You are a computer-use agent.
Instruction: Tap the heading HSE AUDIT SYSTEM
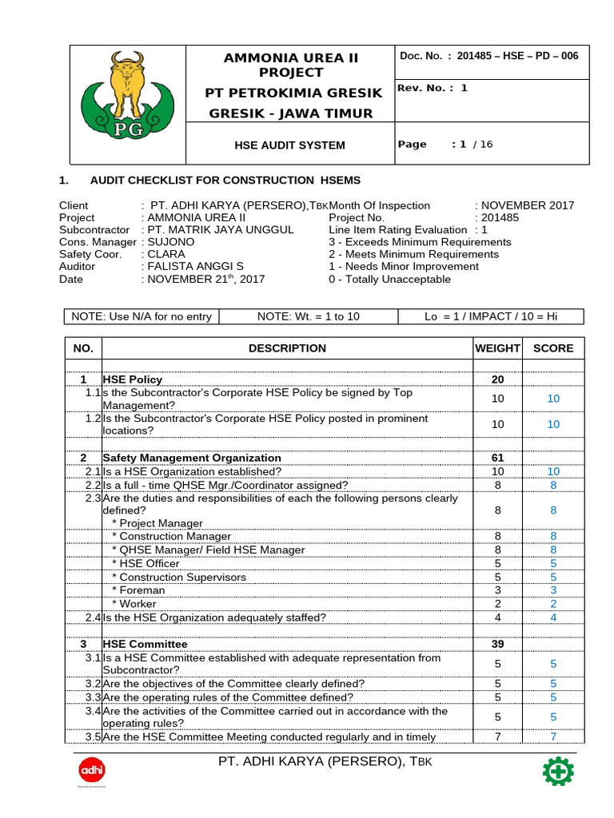coord(289,145)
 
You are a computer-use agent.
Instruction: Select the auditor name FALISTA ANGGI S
coord(193,267)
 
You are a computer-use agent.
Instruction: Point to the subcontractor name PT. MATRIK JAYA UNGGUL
coord(217,229)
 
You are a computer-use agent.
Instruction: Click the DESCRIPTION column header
coord(287,348)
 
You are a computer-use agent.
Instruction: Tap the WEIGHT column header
coord(498,348)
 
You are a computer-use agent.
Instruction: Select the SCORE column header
coord(553,348)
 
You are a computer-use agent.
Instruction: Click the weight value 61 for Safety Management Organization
coord(498,458)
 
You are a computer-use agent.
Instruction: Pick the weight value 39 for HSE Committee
coord(498,644)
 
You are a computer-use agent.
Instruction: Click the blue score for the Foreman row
coord(553,590)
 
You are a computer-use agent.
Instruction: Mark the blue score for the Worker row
coord(553,604)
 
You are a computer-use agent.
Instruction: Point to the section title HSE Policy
coord(133,379)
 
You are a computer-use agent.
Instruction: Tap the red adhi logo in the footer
coord(92,771)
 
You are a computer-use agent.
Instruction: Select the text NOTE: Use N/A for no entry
coord(142,316)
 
